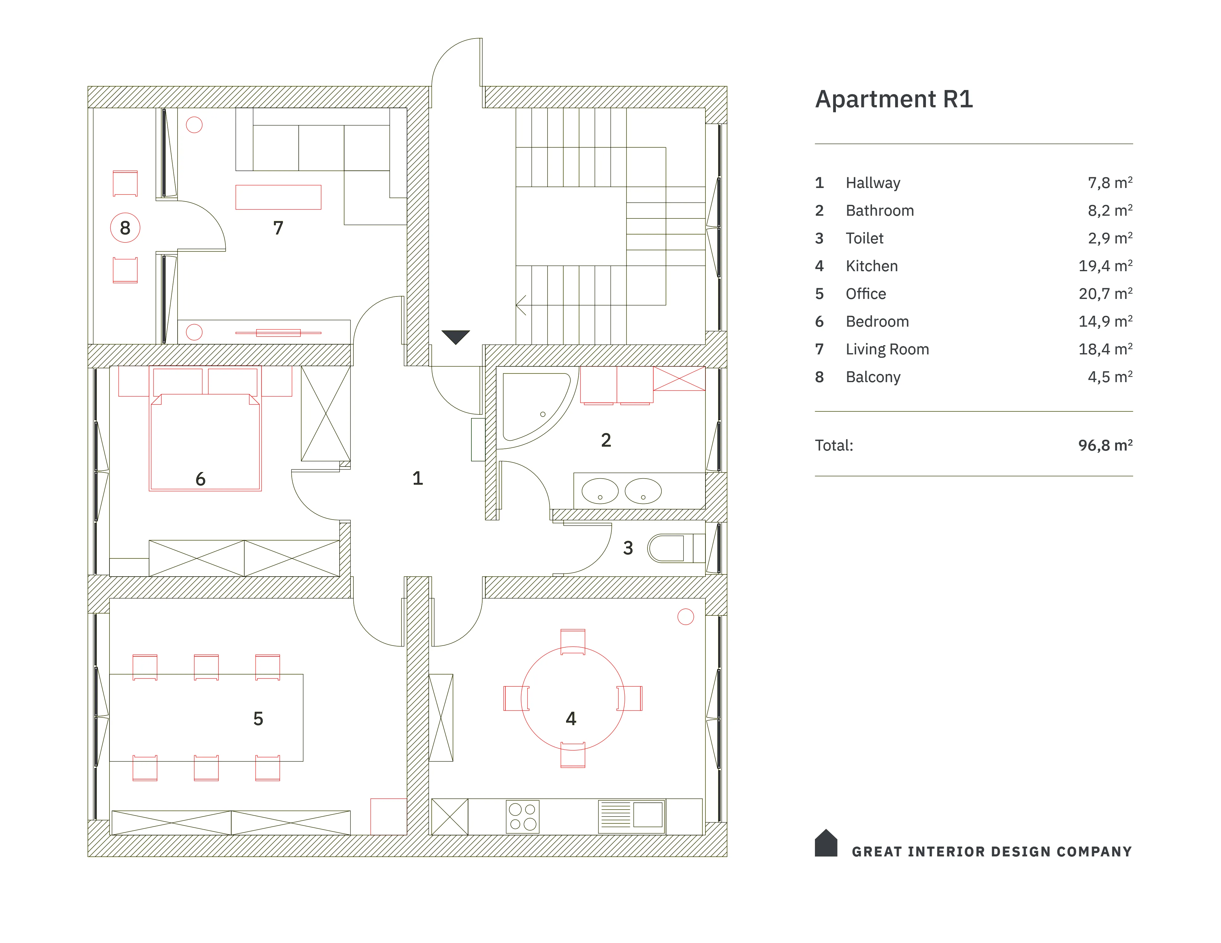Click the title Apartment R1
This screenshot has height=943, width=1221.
coord(894,100)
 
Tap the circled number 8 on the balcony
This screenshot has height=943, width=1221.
coord(125,228)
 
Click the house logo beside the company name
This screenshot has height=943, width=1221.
coord(826,843)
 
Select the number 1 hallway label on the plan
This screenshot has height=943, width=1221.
coord(417,478)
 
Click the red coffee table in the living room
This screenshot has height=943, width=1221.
coord(278,197)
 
